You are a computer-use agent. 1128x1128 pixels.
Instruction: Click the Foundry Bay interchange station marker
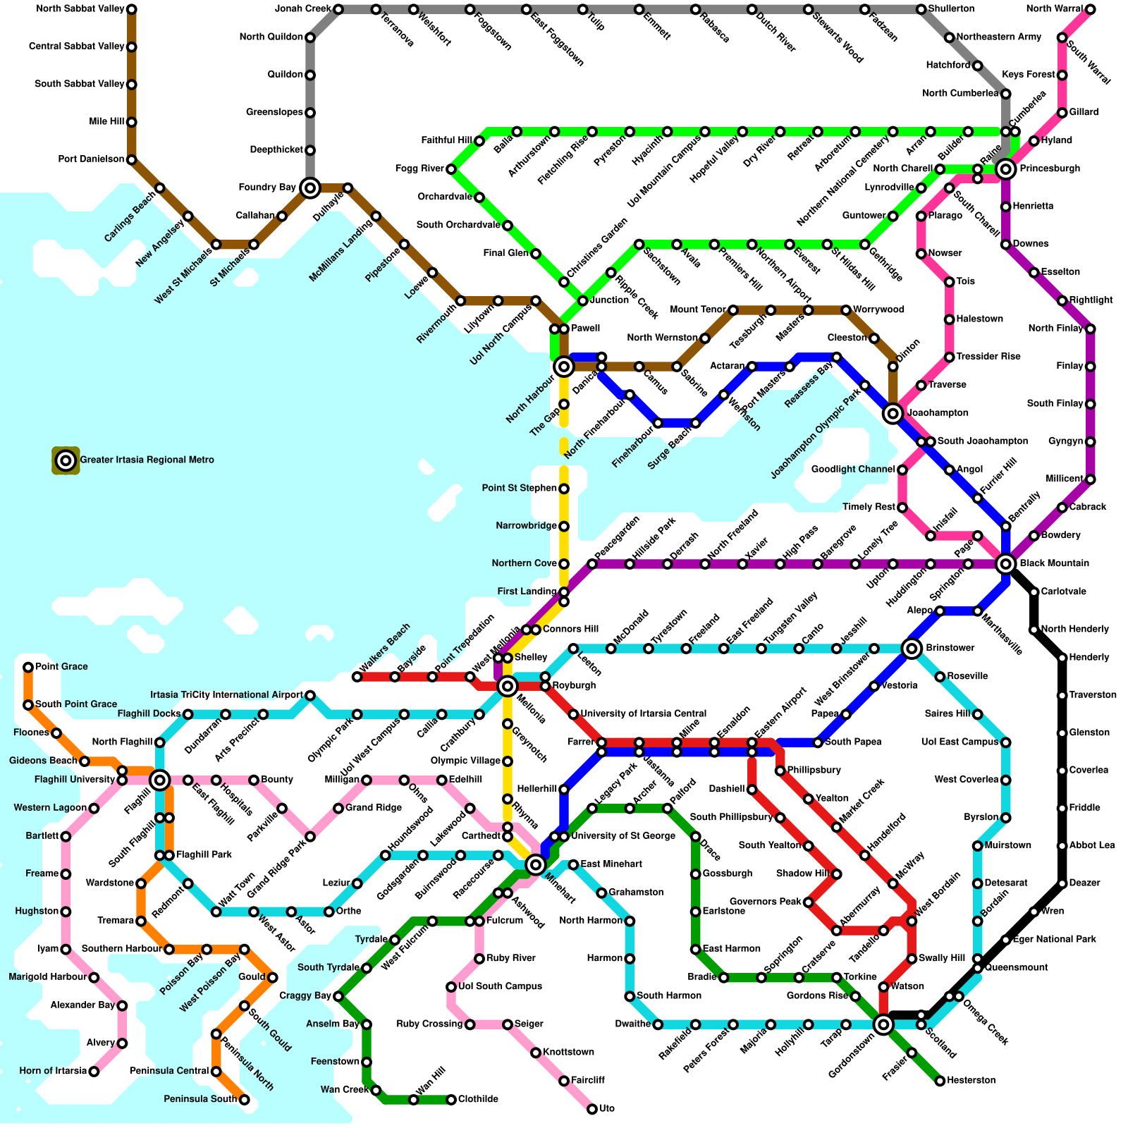tap(309, 188)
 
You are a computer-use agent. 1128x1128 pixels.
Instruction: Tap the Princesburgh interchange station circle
tap(1006, 169)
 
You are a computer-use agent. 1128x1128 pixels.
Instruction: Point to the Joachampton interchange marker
tap(893, 413)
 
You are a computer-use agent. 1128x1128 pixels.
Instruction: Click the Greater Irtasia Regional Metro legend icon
tap(66, 461)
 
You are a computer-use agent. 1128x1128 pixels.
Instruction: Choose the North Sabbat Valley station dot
tap(131, 9)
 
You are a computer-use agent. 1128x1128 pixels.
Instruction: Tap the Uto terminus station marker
tap(592, 1110)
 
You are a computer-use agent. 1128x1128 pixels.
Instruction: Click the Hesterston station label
tap(971, 1081)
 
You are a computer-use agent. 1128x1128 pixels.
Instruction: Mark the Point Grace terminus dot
tap(28, 667)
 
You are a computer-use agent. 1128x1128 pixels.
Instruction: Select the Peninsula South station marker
tap(244, 1100)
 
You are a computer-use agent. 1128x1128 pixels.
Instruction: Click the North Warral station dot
tap(1091, 9)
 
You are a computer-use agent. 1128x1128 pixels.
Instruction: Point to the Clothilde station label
tap(478, 1100)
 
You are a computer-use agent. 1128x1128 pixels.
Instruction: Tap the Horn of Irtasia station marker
tap(94, 1072)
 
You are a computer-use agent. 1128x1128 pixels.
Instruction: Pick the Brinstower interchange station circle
tap(912, 649)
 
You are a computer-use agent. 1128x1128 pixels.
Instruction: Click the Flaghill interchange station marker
tap(159, 780)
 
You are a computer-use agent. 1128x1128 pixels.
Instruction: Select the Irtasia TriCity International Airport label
tap(227, 695)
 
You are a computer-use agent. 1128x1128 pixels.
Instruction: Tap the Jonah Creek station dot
tap(338, 9)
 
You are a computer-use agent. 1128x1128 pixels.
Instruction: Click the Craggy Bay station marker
tap(338, 997)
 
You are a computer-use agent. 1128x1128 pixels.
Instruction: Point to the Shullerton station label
tap(951, 9)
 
